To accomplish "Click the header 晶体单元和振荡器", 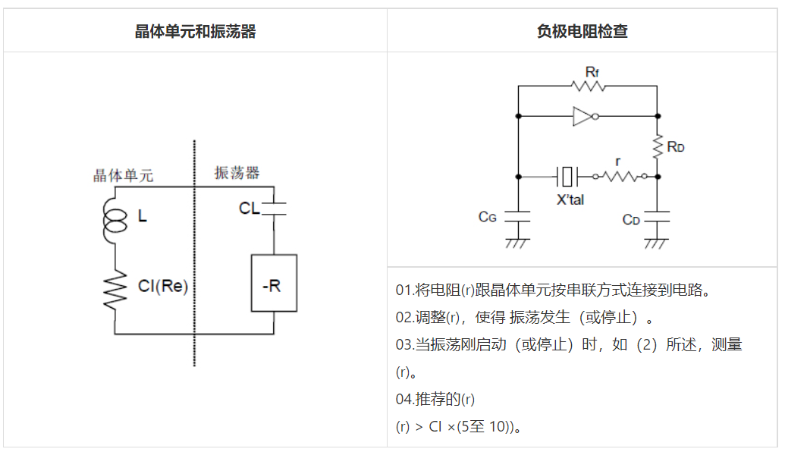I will pyautogui.click(x=195, y=31).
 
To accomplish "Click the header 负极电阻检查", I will pyautogui.click(x=582, y=31).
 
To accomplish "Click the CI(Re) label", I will pyautogui.click(x=162, y=287).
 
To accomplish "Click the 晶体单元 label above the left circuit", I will pyautogui.click(x=123, y=175).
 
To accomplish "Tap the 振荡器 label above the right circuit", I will pyautogui.click(x=237, y=173).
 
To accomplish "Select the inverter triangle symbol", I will pyautogui.click(x=584, y=117).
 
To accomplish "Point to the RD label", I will pyautogui.click(x=677, y=146).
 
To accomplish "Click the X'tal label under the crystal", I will pyautogui.click(x=570, y=200).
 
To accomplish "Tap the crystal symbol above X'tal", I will pyautogui.click(x=567, y=177).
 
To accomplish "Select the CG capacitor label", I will pyautogui.click(x=487, y=217).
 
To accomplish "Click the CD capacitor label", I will pyautogui.click(x=632, y=219).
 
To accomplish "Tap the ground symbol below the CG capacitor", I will pyautogui.click(x=518, y=243).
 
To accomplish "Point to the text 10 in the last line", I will pyautogui.click(x=498, y=426).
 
